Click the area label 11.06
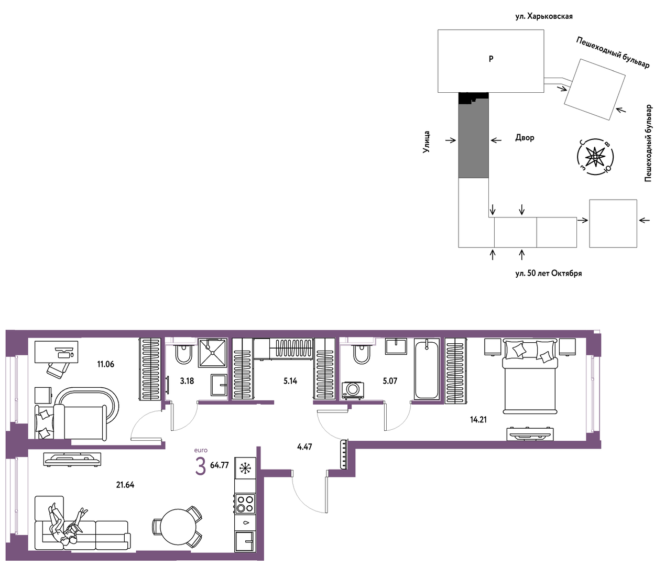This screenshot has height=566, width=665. pos(105,364)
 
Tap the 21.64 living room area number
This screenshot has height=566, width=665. pos(125,485)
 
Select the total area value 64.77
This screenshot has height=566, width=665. pos(220,465)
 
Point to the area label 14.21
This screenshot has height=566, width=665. pos(478,419)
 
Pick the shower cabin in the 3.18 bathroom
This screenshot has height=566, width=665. pos(213,353)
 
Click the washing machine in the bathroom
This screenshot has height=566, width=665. pos(353,390)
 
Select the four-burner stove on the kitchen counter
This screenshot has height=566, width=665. pos(245,504)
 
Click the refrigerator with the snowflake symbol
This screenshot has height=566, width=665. pos(245,468)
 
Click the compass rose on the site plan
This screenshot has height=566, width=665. pos(595,157)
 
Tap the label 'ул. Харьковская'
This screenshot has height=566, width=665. pos(544,16)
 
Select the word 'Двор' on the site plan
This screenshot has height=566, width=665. pos(525,137)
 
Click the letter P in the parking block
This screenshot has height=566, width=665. pos(491,59)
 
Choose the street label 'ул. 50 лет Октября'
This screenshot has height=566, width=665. pos(549,273)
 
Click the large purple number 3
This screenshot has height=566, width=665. pos(200,467)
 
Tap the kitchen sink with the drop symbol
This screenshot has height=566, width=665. pos(245,523)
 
